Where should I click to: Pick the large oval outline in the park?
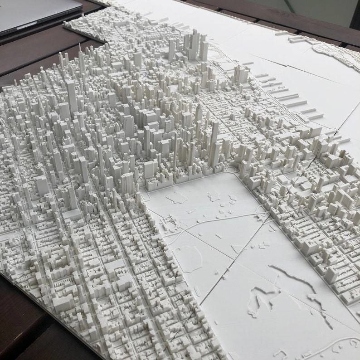[x=187, y=258]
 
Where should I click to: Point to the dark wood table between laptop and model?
[x=41, y=50]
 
